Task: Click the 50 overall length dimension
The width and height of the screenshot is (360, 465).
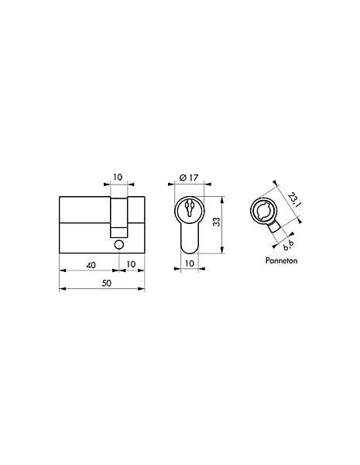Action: (106, 283)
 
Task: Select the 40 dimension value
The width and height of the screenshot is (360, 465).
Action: (91, 265)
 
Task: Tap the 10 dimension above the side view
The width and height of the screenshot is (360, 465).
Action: (118, 177)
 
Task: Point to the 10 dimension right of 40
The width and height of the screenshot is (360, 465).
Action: (131, 264)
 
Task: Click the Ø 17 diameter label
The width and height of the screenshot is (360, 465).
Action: (189, 177)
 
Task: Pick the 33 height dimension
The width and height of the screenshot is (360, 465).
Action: (218, 222)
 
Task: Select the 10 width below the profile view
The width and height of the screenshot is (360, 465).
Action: (190, 263)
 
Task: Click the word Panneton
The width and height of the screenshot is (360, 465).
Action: (281, 260)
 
